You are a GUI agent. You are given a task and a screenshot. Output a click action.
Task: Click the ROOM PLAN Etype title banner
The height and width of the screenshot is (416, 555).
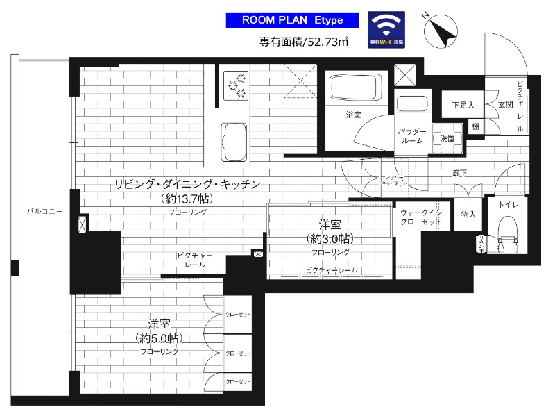tap(291, 20)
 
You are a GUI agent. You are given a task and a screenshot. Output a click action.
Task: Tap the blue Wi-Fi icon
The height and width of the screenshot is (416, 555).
tap(387, 30)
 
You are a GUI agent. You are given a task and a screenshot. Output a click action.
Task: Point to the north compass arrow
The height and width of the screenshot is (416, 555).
tap(439, 28)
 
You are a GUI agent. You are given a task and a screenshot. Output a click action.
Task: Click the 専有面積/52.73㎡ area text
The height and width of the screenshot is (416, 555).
tap(304, 42)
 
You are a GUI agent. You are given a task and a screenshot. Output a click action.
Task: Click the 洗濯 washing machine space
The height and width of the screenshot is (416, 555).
tap(447, 138)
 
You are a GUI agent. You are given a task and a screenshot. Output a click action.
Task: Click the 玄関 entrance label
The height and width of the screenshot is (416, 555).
tap(504, 105)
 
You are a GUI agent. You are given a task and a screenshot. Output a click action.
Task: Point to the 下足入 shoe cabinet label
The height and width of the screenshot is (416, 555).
tap(463, 106)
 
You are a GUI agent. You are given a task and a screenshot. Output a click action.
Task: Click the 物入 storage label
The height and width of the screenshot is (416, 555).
tap(468, 215)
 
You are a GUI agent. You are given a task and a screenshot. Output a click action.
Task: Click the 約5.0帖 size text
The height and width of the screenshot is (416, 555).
tap(159, 339)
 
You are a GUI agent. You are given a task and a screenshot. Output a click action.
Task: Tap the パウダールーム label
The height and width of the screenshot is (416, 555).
tap(411, 135)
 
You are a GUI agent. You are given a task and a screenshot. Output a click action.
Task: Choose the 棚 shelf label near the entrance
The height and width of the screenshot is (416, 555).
tap(475, 126)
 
